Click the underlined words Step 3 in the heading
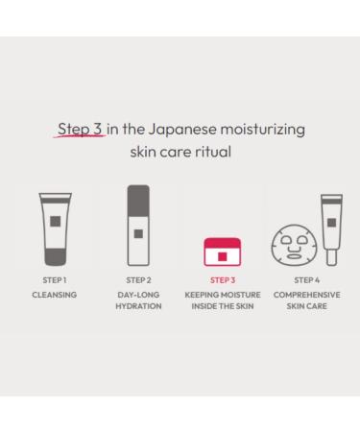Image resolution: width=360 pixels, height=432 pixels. point(81,128)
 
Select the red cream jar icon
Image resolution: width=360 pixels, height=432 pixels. point(221,252)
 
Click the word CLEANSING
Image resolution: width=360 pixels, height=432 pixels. point(56,295)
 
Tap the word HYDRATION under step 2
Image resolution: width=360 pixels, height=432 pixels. point(138,307)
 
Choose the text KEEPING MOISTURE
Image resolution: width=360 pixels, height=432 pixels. point(221,295)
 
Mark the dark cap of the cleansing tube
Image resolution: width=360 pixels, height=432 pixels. point(56,257)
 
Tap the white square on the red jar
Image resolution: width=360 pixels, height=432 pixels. point(222,255)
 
